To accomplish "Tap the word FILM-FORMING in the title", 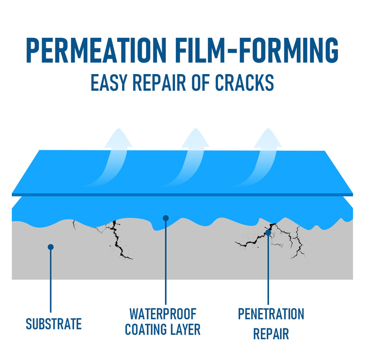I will tap(255, 51).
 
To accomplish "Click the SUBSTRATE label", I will tap(54, 324).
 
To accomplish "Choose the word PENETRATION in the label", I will tap(271, 314).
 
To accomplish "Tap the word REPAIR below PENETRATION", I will tap(271, 334).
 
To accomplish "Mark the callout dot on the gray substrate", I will tap(50, 247).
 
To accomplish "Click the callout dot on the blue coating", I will tap(166, 218).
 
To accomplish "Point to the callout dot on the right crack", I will tap(268, 233).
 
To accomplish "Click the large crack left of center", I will tap(117, 239).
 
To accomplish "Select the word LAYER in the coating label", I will tap(187, 330).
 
